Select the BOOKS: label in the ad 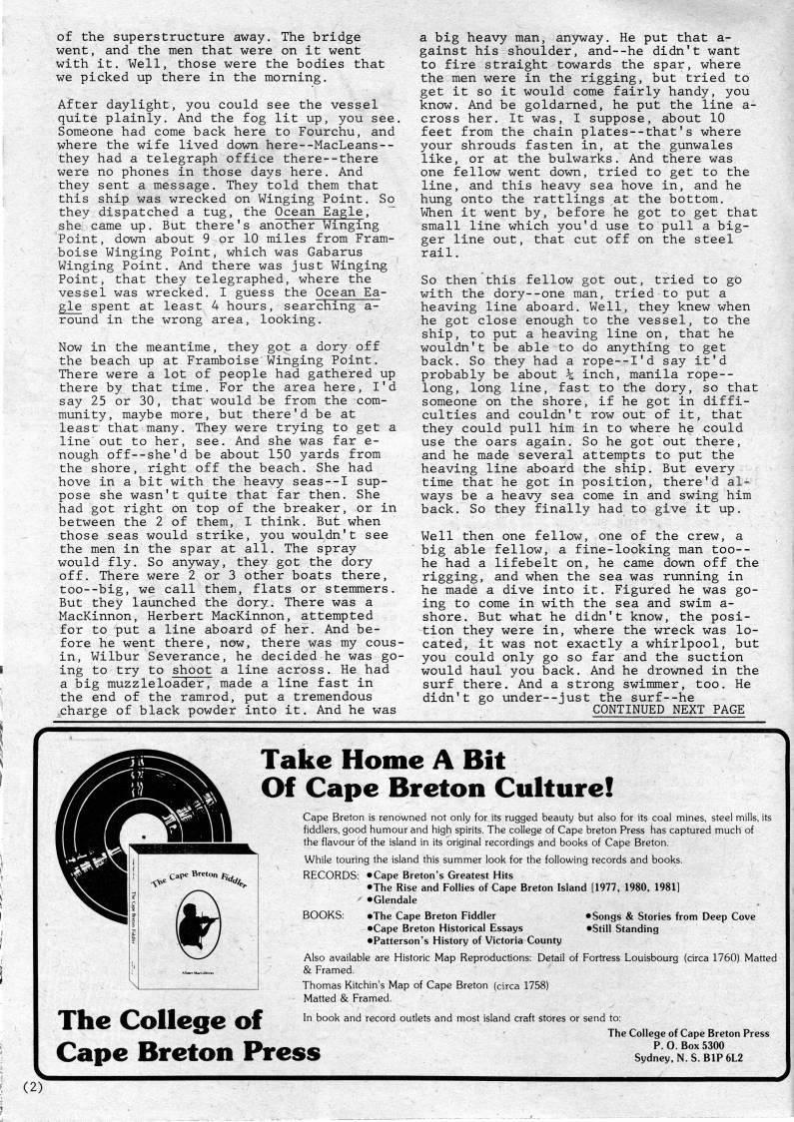323,915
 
